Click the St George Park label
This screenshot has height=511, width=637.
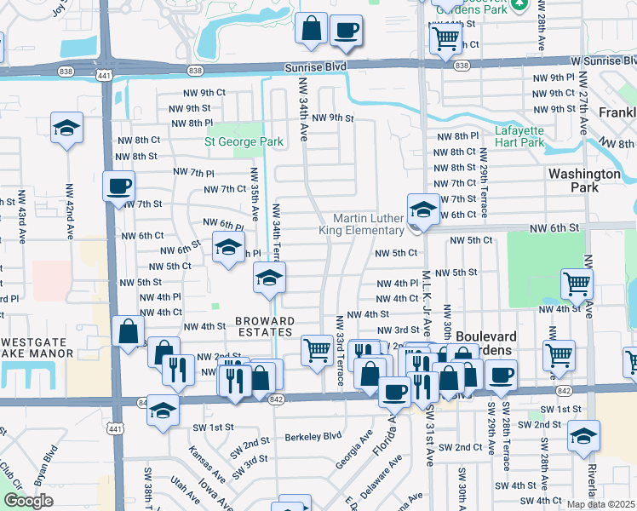(x=244, y=141)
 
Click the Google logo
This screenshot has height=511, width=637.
(x=28, y=501)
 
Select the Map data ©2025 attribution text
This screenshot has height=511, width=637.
(x=601, y=504)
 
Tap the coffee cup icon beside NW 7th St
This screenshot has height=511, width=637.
(x=118, y=185)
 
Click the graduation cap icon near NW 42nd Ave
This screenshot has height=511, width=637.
(x=66, y=129)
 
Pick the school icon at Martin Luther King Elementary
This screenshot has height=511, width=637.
(x=422, y=209)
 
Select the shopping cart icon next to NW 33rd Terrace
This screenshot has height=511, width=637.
(x=317, y=348)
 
